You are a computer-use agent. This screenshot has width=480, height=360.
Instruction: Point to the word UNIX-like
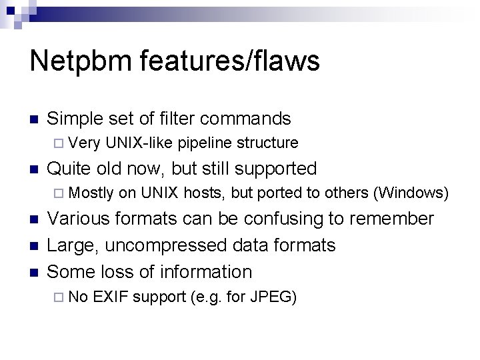click(x=139, y=143)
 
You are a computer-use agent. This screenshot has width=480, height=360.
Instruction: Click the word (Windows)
click(x=411, y=193)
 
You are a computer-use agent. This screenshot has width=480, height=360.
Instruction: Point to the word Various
click(x=81, y=219)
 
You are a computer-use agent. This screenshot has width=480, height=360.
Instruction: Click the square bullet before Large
click(x=33, y=246)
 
